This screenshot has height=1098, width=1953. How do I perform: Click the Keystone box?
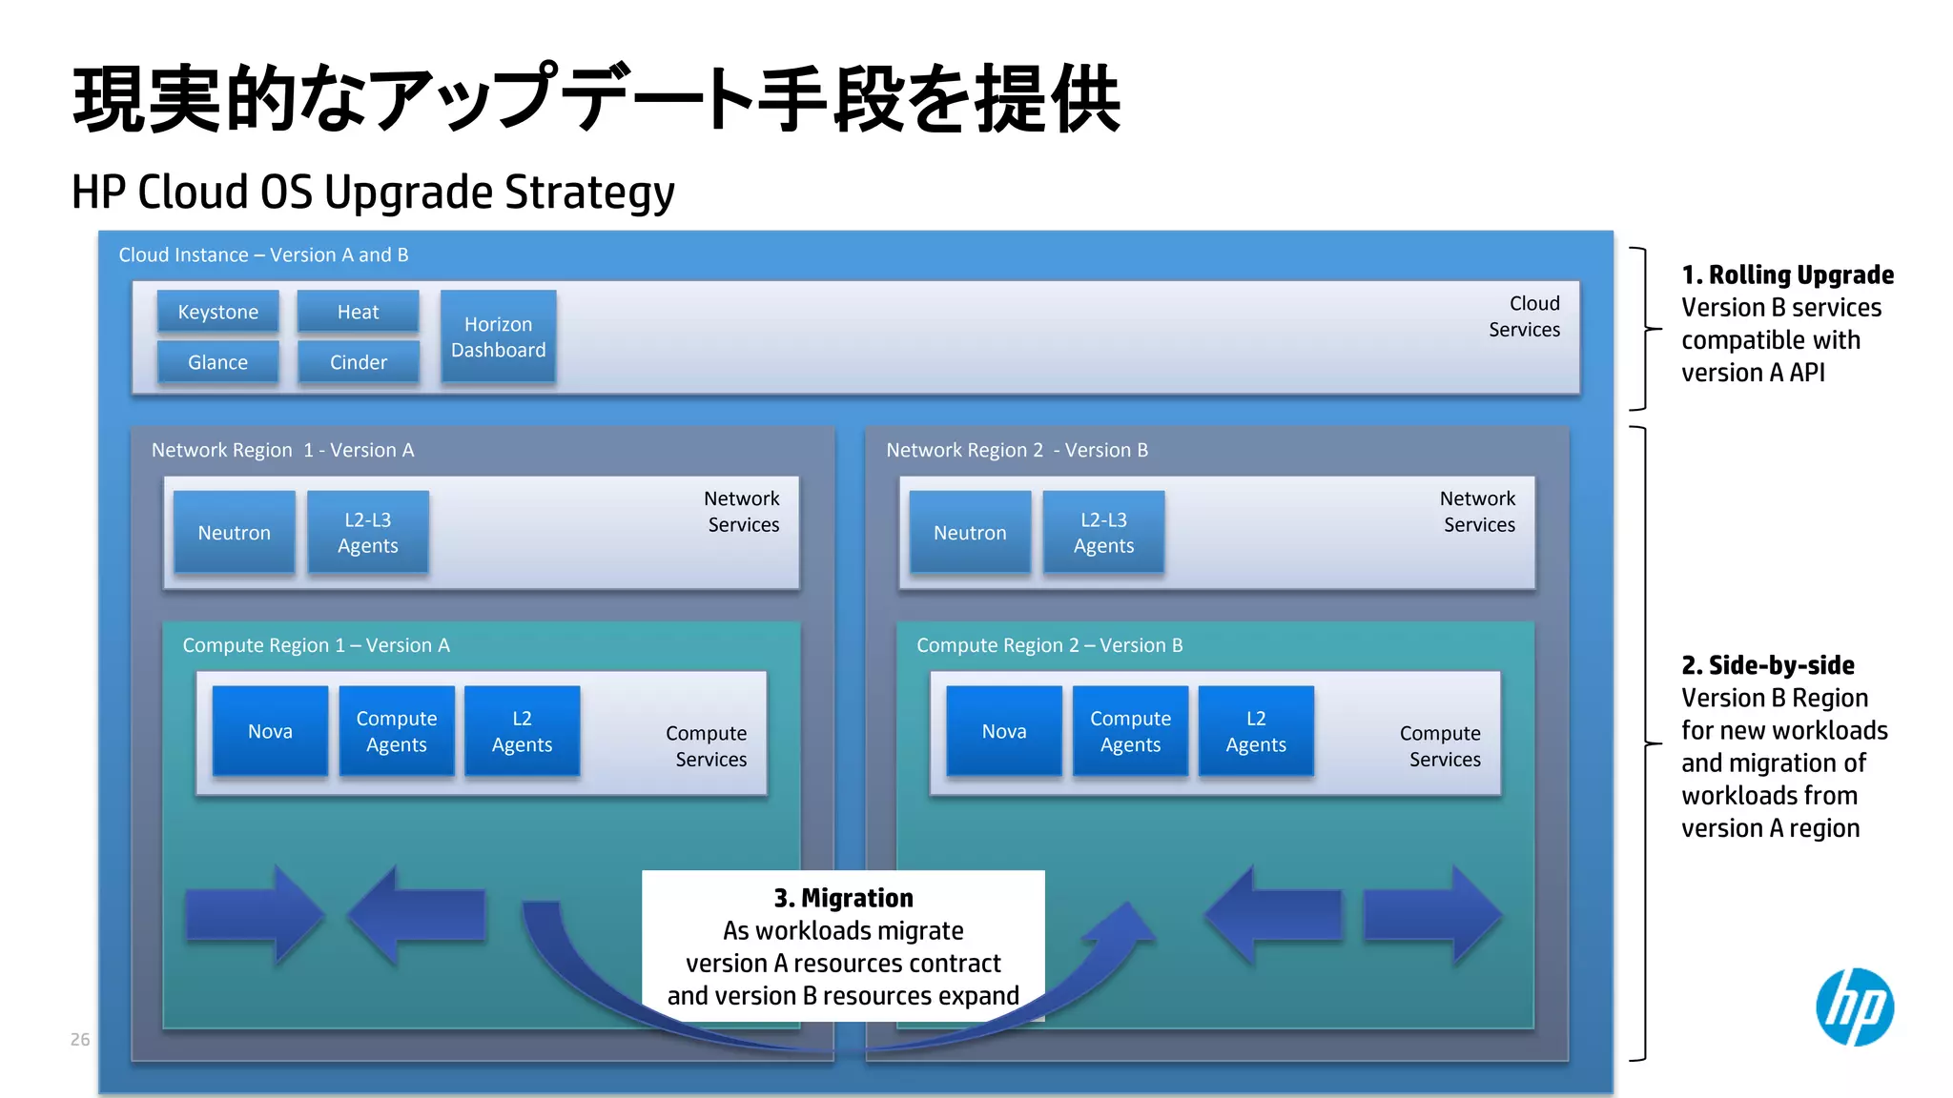pyautogui.click(x=217, y=312)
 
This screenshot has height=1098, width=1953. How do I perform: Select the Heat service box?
pyautogui.click(x=358, y=312)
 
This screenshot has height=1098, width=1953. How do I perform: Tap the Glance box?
pyautogui.click(x=217, y=362)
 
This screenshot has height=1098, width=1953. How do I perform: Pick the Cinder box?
pyautogui.click(x=358, y=362)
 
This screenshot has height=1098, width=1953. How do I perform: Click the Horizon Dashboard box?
pyautogui.click(x=498, y=336)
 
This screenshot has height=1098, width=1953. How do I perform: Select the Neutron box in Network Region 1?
pyautogui.click(x=234, y=532)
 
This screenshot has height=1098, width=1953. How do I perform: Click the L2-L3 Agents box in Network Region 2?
pyautogui.click(x=1103, y=532)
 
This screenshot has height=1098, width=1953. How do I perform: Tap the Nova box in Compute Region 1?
pyautogui.click(x=270, y=731)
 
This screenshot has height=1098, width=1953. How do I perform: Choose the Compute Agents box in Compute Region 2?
pyautogui.click(x=1130, y=731)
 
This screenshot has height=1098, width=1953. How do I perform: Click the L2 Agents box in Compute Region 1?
pyautogui.click(x=522, y=731)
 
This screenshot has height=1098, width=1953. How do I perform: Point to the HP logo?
pyautogui.click(x=1854, y=1007)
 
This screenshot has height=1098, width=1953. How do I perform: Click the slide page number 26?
pyautogui.click(x=80, y=1039)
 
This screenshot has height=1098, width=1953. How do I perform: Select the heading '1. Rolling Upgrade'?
pyautogui.click(x=1787, y=275)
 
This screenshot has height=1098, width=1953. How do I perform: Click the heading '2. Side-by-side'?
pyautogui.click(x=1767, y=665)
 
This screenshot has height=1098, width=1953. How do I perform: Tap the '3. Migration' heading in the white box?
pyautogui.click(x=843, y=898)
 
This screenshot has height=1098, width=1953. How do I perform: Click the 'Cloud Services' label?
pyautogui.click(x=1524, y=316)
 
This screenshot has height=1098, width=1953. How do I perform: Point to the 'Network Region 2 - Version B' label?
pyautogui.click(x=1017, y=450)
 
